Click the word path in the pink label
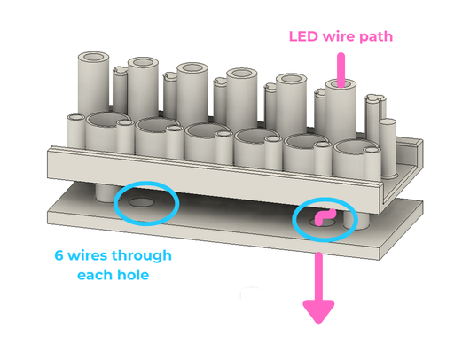[376, 37]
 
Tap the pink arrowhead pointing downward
[318, 311]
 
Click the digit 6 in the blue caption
[59, 255]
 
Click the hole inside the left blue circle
[142, 203]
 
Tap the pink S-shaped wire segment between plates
[325, 216]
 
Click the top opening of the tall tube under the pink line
[341, 84]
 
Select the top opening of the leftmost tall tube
[93, 57]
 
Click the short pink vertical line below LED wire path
[341, 70]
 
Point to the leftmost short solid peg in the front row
[75, 132]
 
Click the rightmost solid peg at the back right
[388, 147]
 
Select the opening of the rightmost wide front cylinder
[354, 146]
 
